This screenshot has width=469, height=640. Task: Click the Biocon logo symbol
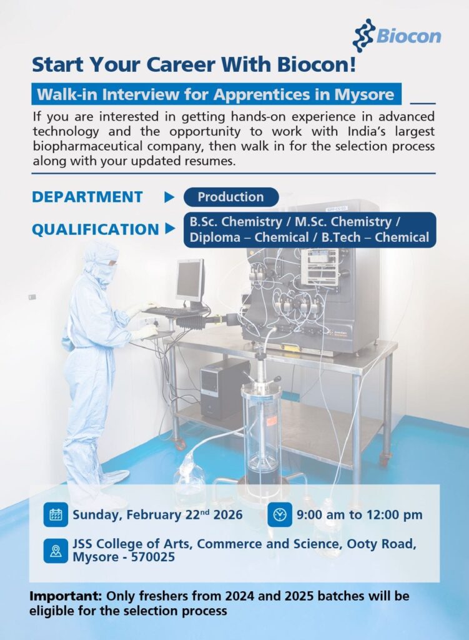point(363,35)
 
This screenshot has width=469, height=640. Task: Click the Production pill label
point(230,197)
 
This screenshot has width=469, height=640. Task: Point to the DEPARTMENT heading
point(87,197)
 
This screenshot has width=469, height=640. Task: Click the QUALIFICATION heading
point(95,229)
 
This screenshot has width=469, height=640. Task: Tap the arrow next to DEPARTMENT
point(169,197)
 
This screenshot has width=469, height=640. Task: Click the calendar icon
point(56,515)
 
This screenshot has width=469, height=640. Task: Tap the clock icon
point(280,515)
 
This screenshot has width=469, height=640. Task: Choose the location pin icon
point(56,551)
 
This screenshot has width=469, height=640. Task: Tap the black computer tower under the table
point(224,388)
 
